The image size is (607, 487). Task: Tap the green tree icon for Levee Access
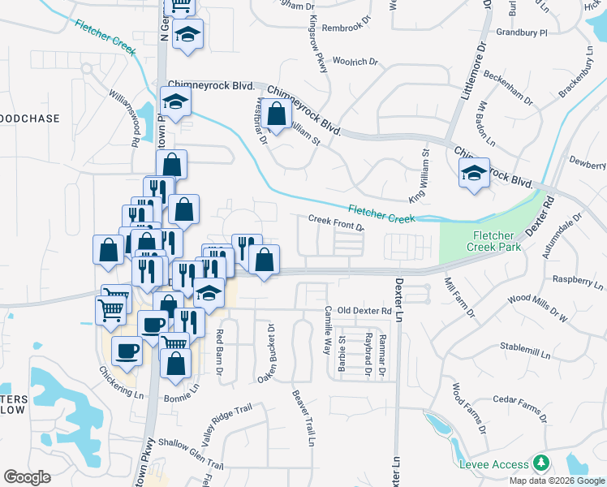click(x=540, y=463)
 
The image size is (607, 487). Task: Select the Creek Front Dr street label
click(x=336, y=222)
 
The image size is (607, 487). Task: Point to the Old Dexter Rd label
click(x=364, y=310)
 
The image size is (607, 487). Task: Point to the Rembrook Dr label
click(x=346, y=28)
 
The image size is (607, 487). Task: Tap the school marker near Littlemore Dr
click(x=474, y=172)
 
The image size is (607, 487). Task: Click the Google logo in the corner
click(x=27, y=477)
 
